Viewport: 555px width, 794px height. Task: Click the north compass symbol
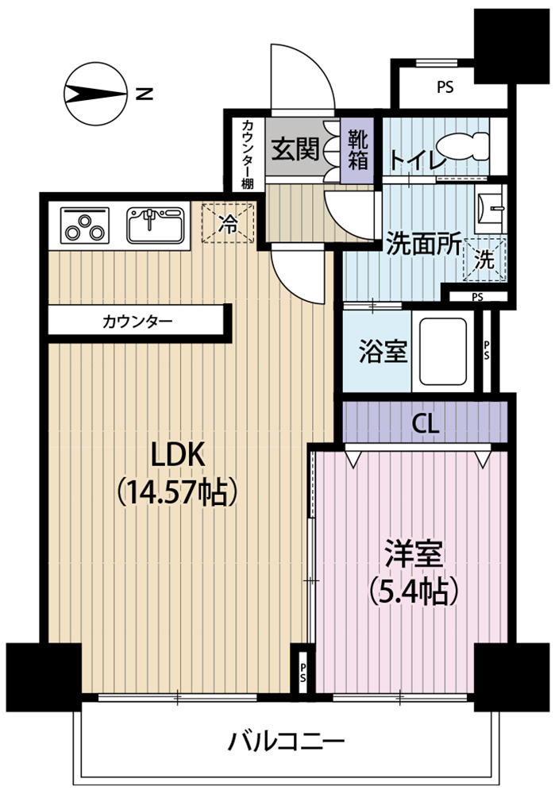point(95,94)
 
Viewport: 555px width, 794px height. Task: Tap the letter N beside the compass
point(145,94)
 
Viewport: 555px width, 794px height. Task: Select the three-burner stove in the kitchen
point(85,225)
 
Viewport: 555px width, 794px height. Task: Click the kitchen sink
point(156,225)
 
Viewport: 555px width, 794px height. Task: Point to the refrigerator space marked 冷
point(227,223)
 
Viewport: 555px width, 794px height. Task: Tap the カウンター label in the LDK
point(137,321)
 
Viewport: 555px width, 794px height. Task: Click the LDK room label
point(179,453)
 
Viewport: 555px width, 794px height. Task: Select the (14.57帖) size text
point(178,491)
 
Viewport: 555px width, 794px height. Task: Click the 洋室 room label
point(414,553)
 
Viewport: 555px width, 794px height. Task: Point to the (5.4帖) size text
point(414,591)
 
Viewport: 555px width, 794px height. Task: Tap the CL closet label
point(426,423)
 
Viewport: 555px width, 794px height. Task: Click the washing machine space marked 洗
point(485,259)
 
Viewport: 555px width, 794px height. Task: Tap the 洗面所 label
point(423,245)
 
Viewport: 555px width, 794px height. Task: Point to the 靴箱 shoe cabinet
point(357,150)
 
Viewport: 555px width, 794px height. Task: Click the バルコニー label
point(286,742)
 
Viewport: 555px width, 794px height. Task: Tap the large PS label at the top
point(445,87)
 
